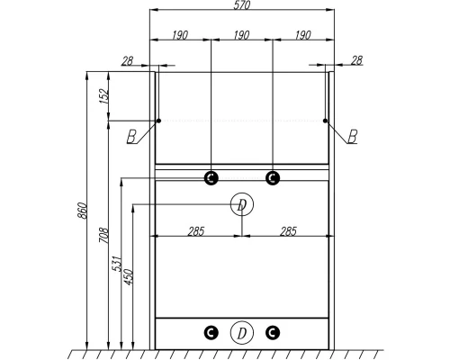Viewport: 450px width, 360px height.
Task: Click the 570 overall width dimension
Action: click(x=242, y=5)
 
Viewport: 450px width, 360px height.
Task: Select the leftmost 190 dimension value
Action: click(x=180, y=35)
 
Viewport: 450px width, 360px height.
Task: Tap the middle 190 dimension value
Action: click(x=241, y=35)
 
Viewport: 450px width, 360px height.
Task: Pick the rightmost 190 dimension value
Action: click(x=303, y=35)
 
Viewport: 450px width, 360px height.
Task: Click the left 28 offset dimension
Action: click(x=127, y=61)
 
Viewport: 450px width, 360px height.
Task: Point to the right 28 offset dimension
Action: click(x=356, y=60)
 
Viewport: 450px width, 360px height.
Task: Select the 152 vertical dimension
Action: click(x=103, y=95)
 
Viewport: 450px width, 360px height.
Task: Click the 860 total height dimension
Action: click(x=83, y=211)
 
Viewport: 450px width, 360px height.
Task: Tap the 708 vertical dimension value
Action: click(x=103, y=235)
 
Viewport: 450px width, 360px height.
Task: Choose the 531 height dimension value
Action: click(x=117, y=264)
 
